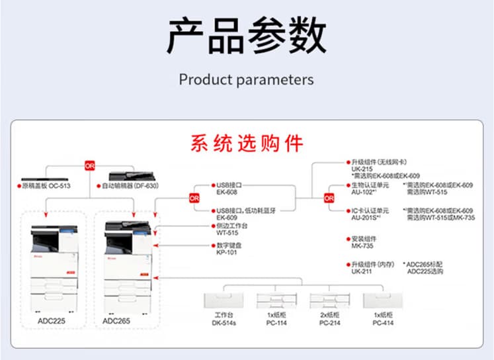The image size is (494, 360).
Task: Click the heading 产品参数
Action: coord(246,36)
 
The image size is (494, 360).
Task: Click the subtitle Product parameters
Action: coord(246,79)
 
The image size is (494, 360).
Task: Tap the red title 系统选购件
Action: coord(247,144)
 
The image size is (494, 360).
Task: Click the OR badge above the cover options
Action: coord(89,164)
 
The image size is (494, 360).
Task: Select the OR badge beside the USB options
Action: coord(194,198)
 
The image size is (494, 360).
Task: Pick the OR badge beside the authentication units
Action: coord(329,198)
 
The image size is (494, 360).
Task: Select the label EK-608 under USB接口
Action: coord(226,193)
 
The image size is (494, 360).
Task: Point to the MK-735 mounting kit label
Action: coord(362,246)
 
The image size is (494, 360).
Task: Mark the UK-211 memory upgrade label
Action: coord(361,271)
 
